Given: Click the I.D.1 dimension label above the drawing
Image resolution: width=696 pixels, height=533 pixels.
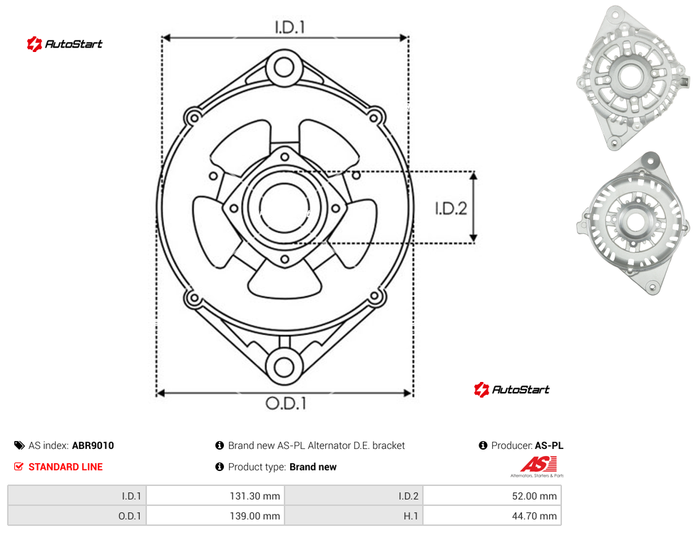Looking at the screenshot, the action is click(x=290, y=28).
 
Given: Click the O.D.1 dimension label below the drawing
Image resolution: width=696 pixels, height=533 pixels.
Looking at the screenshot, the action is click(x=286, y=403).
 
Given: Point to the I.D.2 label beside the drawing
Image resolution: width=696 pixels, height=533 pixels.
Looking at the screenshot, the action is click(x=451, y=208).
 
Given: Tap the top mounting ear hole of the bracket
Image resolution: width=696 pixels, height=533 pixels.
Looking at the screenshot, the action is click(x=284, y=68).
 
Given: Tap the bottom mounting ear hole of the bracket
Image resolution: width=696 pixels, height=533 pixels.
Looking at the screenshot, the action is click(x=284, y=367).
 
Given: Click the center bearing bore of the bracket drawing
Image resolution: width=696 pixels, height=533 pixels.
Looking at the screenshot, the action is click(x=285, y=207).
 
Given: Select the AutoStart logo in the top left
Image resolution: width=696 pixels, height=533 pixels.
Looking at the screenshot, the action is click(x=64, y=44).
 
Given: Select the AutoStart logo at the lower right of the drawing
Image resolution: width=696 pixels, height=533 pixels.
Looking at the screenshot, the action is click(x=511, y=390).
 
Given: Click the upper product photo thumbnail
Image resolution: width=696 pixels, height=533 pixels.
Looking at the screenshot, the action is click(x=633, y=78).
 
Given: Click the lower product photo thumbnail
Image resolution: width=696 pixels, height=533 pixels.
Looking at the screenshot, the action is click(x=633, y=224).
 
